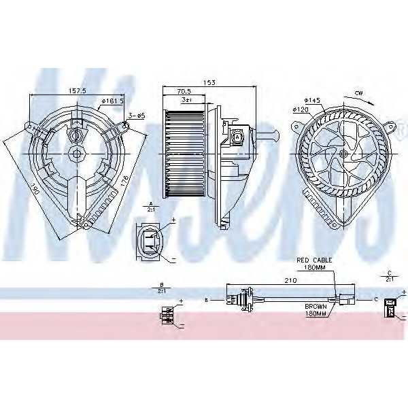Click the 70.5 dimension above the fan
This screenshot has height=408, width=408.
pyautogui.click(x=184, y=90)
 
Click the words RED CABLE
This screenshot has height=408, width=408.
pyautogui.click(x=312, y=260)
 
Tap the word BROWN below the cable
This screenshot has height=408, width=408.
pyautogui.click(x=316, y=307)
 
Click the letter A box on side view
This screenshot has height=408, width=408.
pyautogui.click(x=237, y=137)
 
